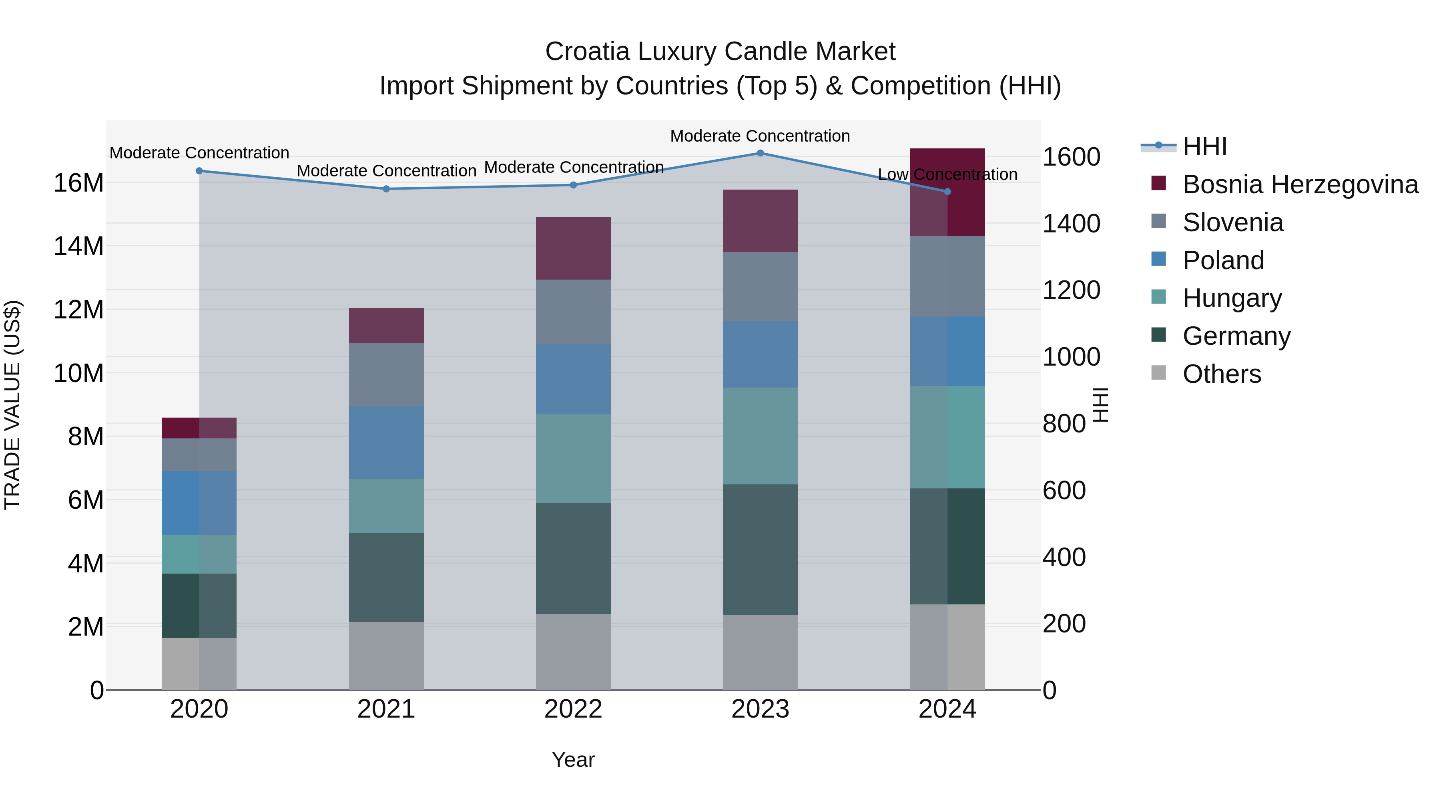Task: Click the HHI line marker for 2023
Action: coord(760,153)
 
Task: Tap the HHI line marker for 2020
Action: coord(199,171)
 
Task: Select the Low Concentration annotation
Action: coord(947,174)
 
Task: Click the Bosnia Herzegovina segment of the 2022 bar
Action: coord(573,248)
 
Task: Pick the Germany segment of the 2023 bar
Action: coord(760,550)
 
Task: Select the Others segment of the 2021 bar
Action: coord(386,655)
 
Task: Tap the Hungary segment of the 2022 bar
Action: coord(573,458)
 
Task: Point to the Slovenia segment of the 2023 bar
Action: coord(760,286)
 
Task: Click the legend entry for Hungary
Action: coord(1232,298)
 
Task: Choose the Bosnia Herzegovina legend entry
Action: coord(1300,184)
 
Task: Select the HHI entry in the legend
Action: coord(1204,146)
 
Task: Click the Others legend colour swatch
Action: coord(1158,373)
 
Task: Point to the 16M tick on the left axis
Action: coord(78,183)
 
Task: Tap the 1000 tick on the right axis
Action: coord(1071,357)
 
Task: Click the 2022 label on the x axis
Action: coord(573,709)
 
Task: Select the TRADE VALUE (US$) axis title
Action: coord(13,405)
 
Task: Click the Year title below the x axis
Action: coord(573,760)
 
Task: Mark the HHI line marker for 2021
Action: coord(386,189)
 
